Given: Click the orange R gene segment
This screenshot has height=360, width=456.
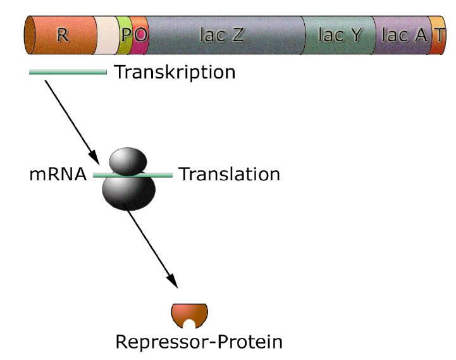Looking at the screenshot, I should [62, 35].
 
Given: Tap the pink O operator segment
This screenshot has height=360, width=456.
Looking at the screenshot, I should [140, 35].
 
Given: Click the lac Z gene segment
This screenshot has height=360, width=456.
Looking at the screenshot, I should [221, 35].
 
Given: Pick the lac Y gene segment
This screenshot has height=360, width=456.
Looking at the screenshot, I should [339, 35].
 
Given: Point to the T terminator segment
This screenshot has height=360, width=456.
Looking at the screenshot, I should [438, 35].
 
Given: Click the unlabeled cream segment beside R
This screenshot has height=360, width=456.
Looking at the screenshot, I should [105, 35].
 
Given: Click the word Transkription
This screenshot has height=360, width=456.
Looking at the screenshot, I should [174, 72].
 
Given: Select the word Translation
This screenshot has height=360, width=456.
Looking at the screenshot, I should [229, 174].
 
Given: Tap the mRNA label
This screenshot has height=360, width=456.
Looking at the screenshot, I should [58, 174].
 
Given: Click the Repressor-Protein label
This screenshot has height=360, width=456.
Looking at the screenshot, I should [198, 342].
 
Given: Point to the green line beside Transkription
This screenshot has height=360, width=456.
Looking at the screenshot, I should [68, 72].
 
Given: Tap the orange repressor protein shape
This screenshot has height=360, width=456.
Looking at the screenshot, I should [189, 313].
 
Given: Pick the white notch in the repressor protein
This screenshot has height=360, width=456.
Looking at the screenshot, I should [189, 324].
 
